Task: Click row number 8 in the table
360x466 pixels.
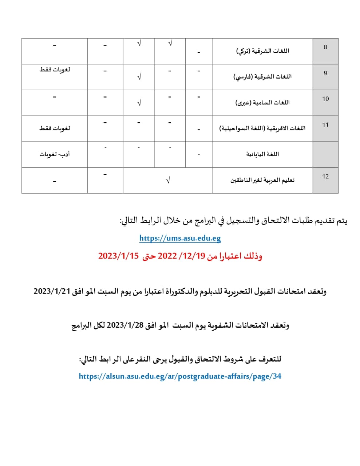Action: tap(325, 47)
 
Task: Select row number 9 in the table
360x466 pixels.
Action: tap(325, 73)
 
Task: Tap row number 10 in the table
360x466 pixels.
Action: tap(325, 99)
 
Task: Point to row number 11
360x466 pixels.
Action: tap(325, 125)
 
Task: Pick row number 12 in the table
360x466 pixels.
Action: tap(325, 176)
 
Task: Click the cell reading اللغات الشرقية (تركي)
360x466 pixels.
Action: tap(262, 51)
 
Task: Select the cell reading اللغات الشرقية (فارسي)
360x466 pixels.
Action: tap(262, 77)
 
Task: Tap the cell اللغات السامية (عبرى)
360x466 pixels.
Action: tap(262, 103)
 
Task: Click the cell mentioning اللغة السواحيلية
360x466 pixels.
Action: tap(262, 129)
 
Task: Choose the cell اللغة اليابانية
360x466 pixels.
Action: tap(262, 154)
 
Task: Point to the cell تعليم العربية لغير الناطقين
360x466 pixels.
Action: tap(262, 180)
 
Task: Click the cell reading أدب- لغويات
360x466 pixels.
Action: tap(55, 154)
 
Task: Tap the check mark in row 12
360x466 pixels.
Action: tap(167, 180)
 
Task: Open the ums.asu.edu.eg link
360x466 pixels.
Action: tap(180, 238)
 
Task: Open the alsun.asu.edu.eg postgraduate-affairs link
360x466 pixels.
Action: tap(180, 376)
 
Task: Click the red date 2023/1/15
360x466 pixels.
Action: tap(118, 256)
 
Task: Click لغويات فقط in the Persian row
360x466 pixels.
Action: tap(55, 70)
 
